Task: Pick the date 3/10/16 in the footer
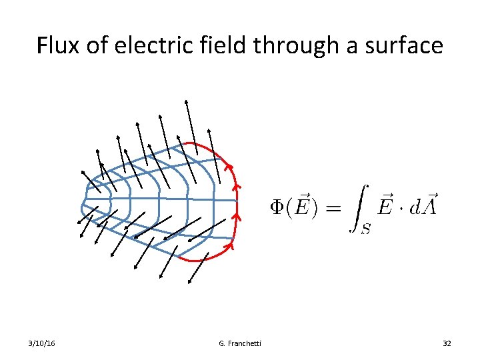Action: pos(41,343)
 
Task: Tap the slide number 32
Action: pos(447,343)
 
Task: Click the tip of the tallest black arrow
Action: pos(186,100)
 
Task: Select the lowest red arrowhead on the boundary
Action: pos(228,247)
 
